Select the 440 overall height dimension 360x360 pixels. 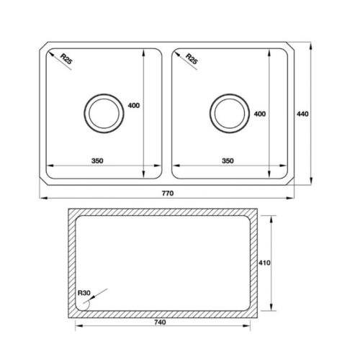click(x=303, y=114)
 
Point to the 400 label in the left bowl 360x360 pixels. click(x=133, y=106)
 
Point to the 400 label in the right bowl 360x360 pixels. click(x=260, y=114)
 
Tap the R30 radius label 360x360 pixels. click(x=84, y=293)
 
